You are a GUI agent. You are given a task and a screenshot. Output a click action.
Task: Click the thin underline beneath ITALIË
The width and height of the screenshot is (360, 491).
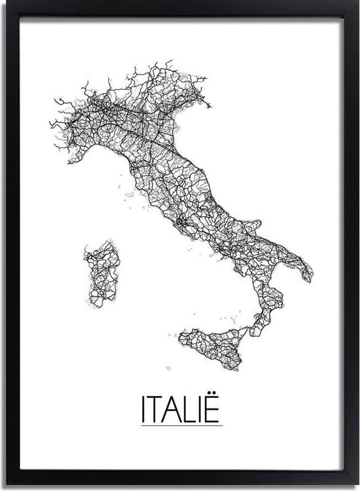click(x=181, y=425)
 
